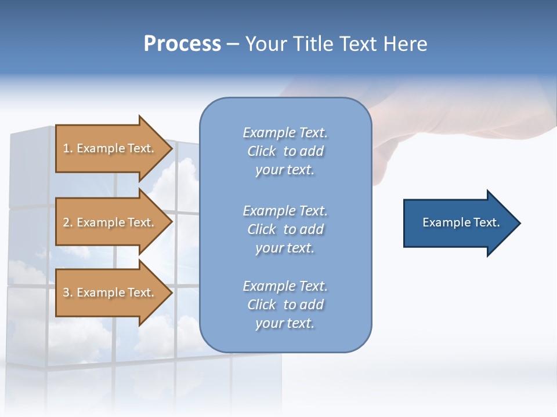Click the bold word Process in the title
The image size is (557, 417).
pyautogui.click(x=182, y=44)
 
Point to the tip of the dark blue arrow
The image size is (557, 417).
pyautogui.click(x=519, y=223)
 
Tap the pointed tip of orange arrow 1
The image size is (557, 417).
pyautogui.click(x=171, y=149)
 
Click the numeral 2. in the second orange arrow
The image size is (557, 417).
pyautogui.click(x=68, y=222)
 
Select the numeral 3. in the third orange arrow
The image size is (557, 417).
pyautogui.click(x=68, y=292)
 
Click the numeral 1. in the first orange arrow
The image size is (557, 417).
pyautogui.click(x=68, y=148)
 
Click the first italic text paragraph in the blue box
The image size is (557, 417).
pyautogui.click(x=285, y=151)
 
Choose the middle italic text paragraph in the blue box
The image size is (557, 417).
pyautogui.click(x=285, y=229)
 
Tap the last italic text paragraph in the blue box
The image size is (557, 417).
pyautogui.click(x=285, y=305)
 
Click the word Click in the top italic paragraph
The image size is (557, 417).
pyautogui.click(x=262, y=151)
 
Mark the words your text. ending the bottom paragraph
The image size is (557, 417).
pyautogui.click(x=285, y=323)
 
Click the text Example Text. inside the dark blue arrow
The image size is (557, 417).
pyautogui.click(x=461, y=222)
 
